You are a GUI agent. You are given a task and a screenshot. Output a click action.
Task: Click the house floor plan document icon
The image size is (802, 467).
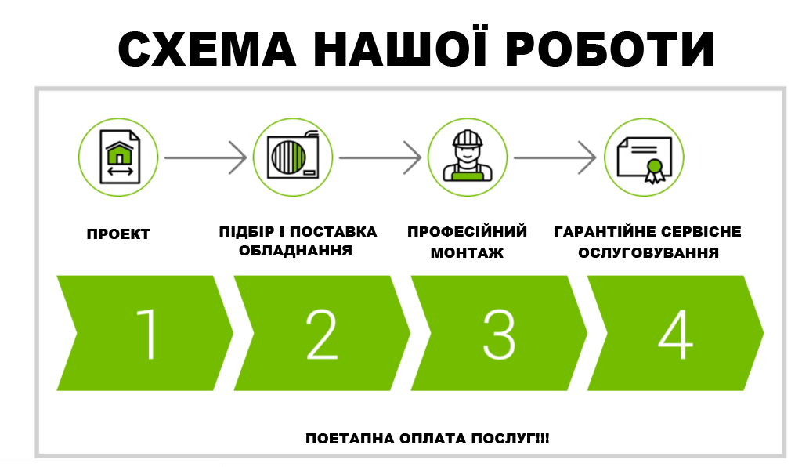point(118,157)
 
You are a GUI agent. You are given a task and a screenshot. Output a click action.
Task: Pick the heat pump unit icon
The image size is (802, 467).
point(294,157)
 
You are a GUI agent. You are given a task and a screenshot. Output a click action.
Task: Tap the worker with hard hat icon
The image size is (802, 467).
point(468,157)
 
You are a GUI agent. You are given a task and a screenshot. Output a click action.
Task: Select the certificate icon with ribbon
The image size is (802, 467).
point(644,157)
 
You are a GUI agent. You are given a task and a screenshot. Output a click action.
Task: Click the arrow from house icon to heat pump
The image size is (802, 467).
point(205,158)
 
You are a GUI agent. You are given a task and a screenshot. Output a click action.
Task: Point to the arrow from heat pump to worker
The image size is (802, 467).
point(381,158)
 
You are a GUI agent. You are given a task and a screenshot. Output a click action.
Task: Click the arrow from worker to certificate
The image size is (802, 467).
point(555,158)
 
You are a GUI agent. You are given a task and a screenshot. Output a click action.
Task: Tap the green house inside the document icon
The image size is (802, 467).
point(118,151)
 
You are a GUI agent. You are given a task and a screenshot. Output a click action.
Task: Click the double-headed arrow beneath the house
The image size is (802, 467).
point(118,170)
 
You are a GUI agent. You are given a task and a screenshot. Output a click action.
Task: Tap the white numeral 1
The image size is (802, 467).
point(147,333)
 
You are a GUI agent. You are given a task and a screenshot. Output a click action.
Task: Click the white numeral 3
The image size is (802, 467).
point(499,333)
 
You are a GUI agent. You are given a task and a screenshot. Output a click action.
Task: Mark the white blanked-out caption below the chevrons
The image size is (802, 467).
point(421,423)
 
